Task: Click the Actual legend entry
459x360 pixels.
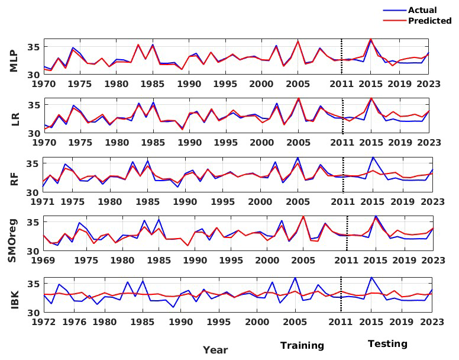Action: [x=422, y=10]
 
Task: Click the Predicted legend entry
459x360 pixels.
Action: [x=429, y=21]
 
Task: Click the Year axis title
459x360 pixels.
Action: [x=215, y=350]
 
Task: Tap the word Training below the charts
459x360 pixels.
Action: [x=302, y=345]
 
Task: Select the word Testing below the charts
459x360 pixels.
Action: [x=387, y=343]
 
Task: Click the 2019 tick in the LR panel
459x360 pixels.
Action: [x=401, y=143]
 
